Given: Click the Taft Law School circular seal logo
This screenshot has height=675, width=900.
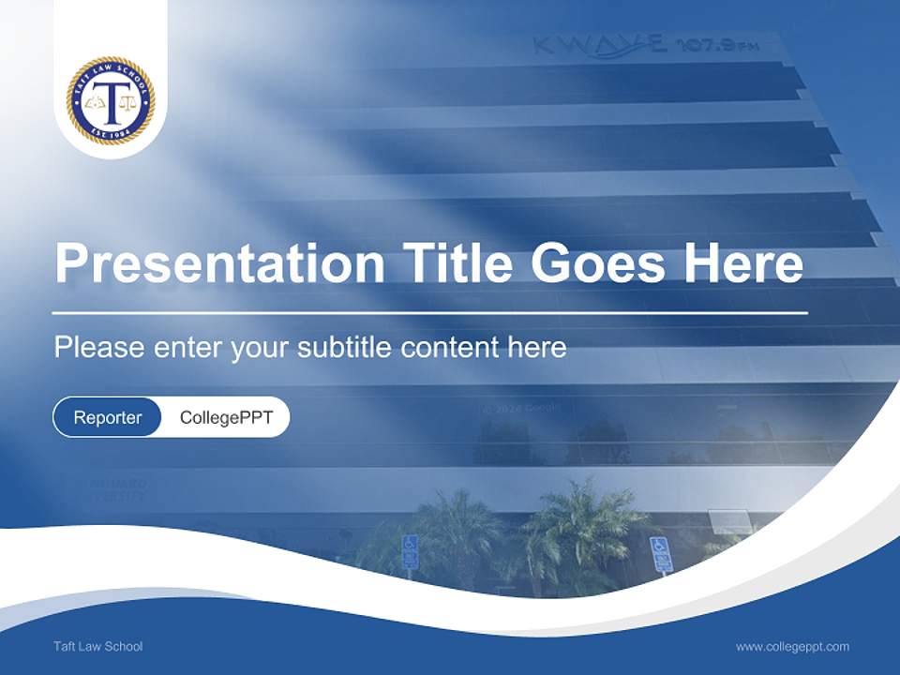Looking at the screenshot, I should coord(111,100).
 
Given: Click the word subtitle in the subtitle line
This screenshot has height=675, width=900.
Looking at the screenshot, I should coord(345,348).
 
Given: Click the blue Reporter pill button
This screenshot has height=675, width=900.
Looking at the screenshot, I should coord(107,417).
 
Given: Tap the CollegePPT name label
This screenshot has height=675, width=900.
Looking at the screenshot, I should coord(226,417).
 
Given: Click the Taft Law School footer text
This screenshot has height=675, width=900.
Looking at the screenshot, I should coord(98,646).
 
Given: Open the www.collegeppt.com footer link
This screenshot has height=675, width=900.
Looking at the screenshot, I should coord(792,646).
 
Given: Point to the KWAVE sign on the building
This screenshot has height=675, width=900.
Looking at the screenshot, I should coord(600,45).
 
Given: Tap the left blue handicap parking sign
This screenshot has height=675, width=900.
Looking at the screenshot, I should coord(410,551).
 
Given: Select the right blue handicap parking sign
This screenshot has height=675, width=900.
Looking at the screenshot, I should coord(661,553).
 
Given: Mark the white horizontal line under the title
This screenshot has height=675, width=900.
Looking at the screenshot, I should coord(430,312).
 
